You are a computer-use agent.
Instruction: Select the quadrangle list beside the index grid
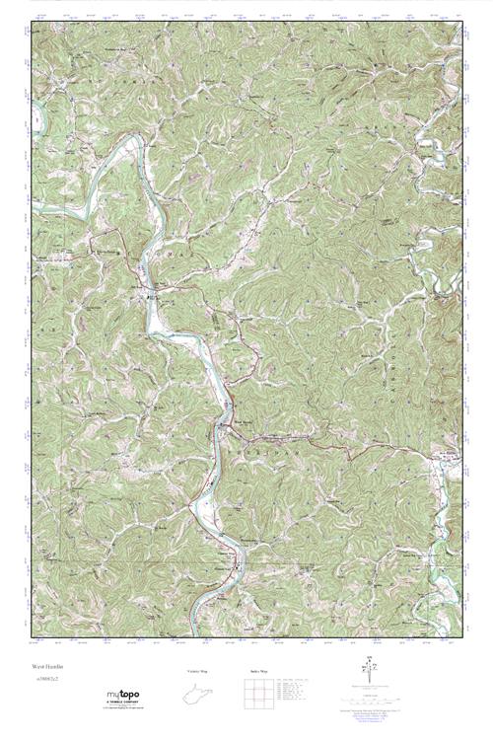click(x=299, y=689)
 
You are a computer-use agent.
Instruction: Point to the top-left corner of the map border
click(x=33, y=22)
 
